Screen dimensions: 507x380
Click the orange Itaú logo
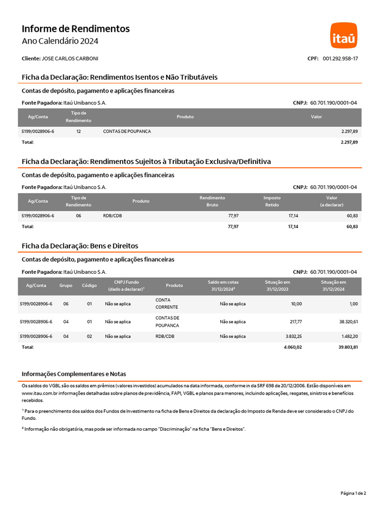[343, 35]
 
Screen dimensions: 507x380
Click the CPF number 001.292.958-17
[340, 58]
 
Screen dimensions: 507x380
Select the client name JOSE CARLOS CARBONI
[70, 58]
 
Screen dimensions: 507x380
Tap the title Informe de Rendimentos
[76, 29]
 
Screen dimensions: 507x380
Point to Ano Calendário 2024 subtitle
[60, 41]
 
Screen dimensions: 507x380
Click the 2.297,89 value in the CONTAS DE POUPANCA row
[349, 131]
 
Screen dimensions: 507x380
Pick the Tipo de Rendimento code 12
[79, 131]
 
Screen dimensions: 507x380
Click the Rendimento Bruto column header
[212, 201]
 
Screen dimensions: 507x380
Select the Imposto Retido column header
[272, 201]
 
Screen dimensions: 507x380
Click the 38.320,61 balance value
[348, 322]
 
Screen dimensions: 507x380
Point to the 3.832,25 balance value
[293, 336]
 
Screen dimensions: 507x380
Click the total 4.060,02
[293, 347]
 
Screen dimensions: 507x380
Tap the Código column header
[90, 286]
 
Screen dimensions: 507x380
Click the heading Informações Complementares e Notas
[77, 374]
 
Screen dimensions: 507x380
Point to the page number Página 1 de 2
[353, 493]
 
